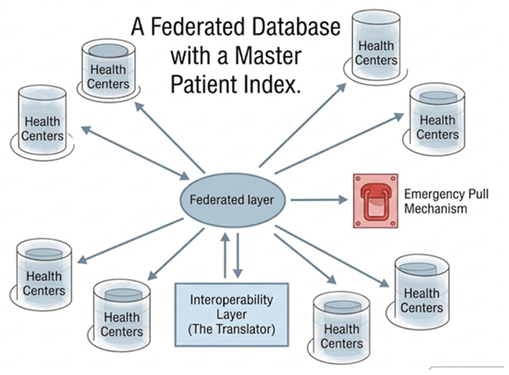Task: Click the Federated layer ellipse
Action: click(233, 199)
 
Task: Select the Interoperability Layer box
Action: click(232, 315)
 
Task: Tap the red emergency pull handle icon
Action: click(376, 200)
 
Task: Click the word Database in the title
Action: click(296, 27)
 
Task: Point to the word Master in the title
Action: click(268, 56)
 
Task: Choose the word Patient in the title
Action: click(204, 84)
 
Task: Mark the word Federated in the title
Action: click(198, 27)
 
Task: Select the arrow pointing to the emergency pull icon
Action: click(319, 200)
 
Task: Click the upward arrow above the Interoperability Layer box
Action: click(225, 255)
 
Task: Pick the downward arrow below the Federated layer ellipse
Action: click(238, 255)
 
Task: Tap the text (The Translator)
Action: click(232, 329)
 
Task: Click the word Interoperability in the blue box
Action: click(232, 300)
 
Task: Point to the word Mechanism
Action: click(435, 208)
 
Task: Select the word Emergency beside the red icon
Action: click(430, 194)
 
